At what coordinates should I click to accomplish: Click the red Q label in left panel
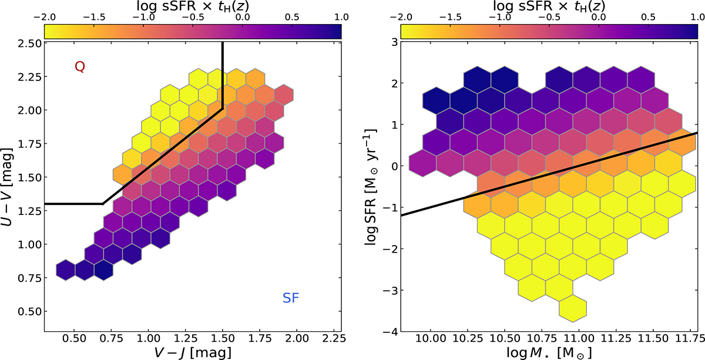pyautogui.click(x=80, y=68)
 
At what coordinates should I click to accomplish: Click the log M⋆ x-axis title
pyautogui.click(x=549, y=352)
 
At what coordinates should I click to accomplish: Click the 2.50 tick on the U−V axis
pyautogui.click(x=29, y=43)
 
